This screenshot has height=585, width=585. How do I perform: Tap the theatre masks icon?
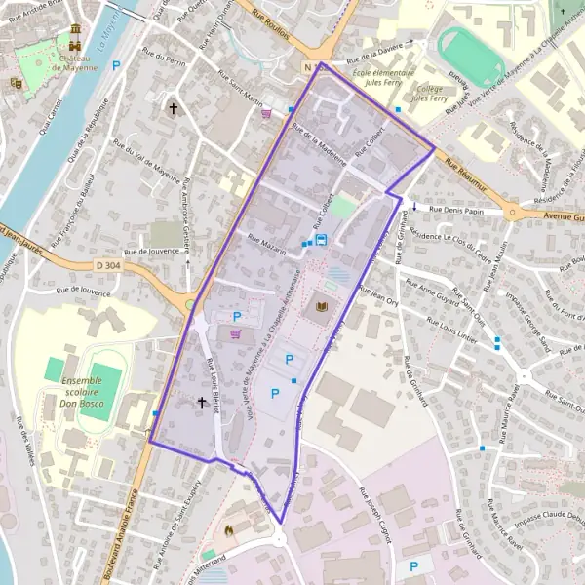[x=16, y=84]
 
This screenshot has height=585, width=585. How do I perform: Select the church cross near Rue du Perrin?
[x=175, y=108]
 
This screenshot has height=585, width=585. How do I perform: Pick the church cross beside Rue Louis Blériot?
[x=202, y=402]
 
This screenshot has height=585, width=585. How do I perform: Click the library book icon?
[x=322, y=309]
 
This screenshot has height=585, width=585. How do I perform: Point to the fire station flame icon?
[x=229, y=530]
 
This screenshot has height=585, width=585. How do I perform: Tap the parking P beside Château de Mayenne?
[x=118, y=65]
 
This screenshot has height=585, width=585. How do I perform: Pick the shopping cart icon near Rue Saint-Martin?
[x=266, y=112]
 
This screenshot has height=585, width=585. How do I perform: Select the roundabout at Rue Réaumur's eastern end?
[x=513, y=211]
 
